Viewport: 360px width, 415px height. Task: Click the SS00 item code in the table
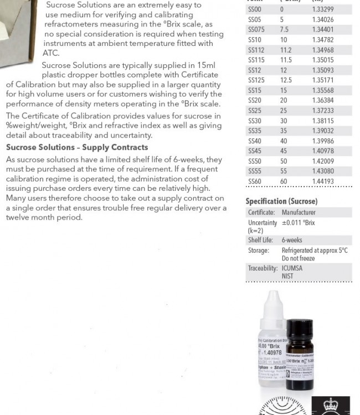tap(255, 9)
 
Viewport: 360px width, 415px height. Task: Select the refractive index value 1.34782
tap(323, 40)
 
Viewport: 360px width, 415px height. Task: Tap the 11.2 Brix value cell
tap(286, 50)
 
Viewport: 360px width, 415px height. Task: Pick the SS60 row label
tap(255, 181)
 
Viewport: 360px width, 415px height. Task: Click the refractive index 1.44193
tap(323, 181)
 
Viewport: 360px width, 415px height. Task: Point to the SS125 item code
tap(256, 80)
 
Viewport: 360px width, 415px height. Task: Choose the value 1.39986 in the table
tap(323, 141)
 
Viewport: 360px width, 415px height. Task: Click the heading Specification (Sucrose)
tap(281, 201)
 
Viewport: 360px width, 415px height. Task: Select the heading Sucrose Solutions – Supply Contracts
tap(77, 147)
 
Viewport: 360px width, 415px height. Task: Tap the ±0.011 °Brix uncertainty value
tap(298, 222)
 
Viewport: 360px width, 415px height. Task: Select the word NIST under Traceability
tap(287, 276)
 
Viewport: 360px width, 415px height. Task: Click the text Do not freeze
tap(298, 258)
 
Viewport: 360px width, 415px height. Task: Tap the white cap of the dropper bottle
tap(275, 302)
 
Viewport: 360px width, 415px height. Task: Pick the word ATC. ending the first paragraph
tap(51, 53)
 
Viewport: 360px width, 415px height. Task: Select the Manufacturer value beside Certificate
tap(299, 212)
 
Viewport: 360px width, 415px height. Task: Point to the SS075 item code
tap(256, 30)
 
